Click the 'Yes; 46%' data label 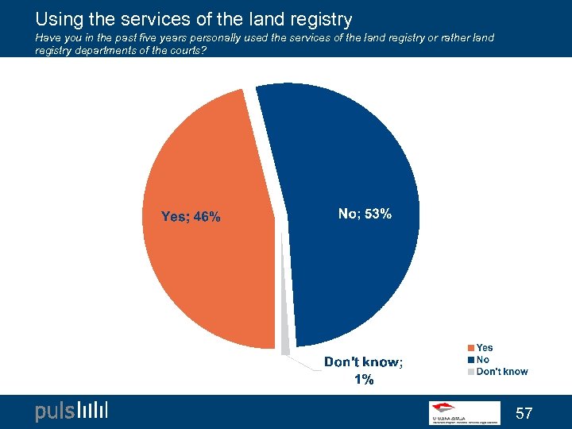click(x=191, y=217)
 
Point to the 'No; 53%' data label click(x=365, y=214)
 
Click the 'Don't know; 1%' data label click(x=364, y=370)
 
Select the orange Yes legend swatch click(x=471, y=348)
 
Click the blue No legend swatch click(x=471, y=360)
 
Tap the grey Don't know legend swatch click(x=471, y=371)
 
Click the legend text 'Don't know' click(x=502, y=371)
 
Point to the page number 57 click(x=524, y=413)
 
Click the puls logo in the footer click(x=71, y=412)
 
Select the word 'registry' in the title click(x=322, y=18)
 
